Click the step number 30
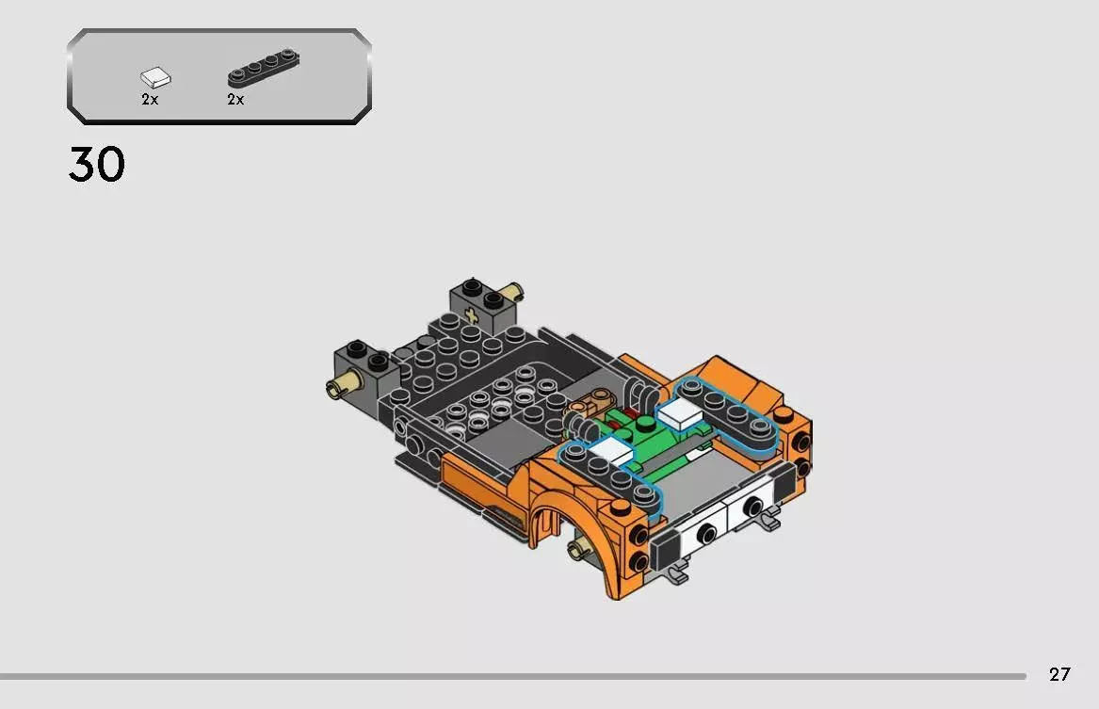pos(96,166)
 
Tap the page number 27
pos(1059,674)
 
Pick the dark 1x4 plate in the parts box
pos(263,71)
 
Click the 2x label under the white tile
pos(150,100)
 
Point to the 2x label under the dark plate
pos(235,100)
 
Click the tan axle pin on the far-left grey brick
pos(338,386)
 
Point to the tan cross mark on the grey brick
pos(471,317)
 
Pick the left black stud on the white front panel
pos(702,533)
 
